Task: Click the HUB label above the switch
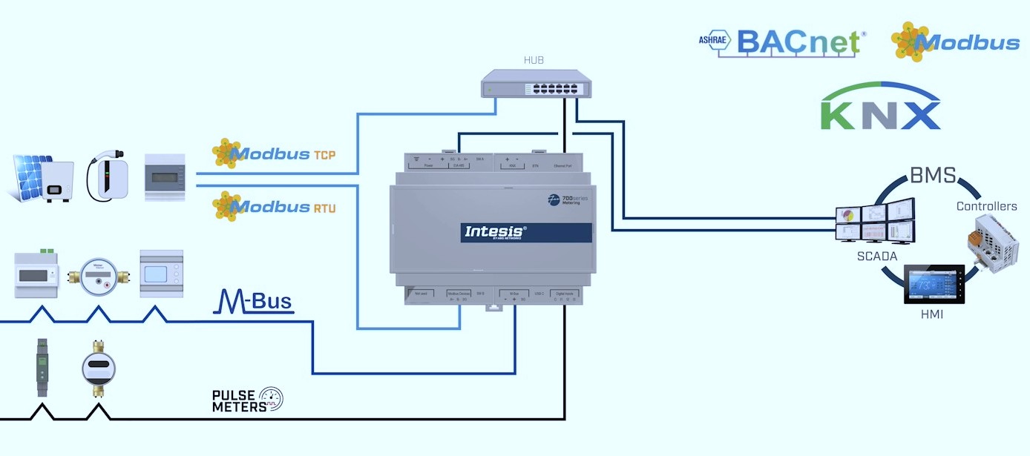click(x=534, y=60)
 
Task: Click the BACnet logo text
click(x=798, y=43)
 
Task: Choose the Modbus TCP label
click(x=275, y=153)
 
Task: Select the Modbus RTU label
click(x=275, y=206)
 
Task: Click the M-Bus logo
click(x=253, y=300)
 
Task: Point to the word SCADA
click(x=878, y=257)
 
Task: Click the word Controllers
click(x=986, y=206)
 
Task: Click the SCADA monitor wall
click(x=875, y=222)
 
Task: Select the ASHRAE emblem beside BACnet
click(x=714, y=42)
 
